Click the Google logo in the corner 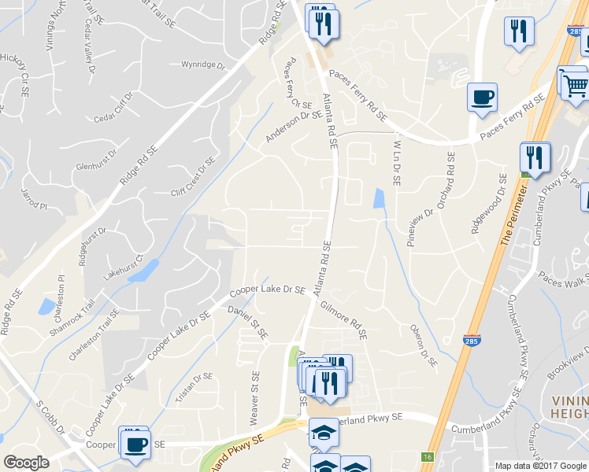coord(26,462)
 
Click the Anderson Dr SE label coord(294,127)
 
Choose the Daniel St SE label coord(248,323)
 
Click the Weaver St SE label coord(254,398)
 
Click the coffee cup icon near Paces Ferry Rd coord(482,98)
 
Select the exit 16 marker coord(428,456)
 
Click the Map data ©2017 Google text coord(539,466)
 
